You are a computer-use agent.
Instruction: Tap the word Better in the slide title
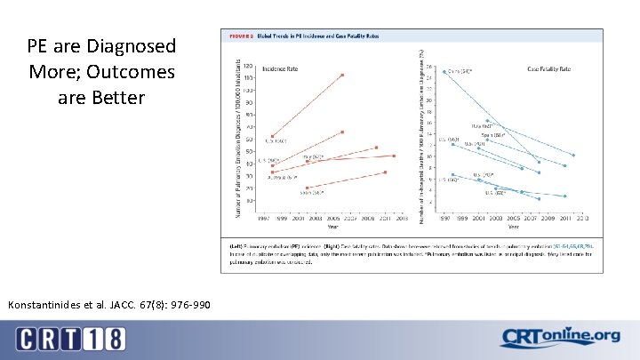(114, 97)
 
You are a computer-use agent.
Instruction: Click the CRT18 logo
(70, 339)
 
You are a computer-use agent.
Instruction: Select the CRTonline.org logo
(560, 336)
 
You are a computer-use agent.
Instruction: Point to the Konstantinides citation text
(109, 305)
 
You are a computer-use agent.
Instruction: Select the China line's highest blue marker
(444, 72)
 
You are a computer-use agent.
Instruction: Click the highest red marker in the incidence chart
(342, 75)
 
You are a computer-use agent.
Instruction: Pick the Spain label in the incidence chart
(311, 191)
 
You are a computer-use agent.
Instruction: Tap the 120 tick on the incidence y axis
(247, 67)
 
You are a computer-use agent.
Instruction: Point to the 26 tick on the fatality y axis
(431, 67)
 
